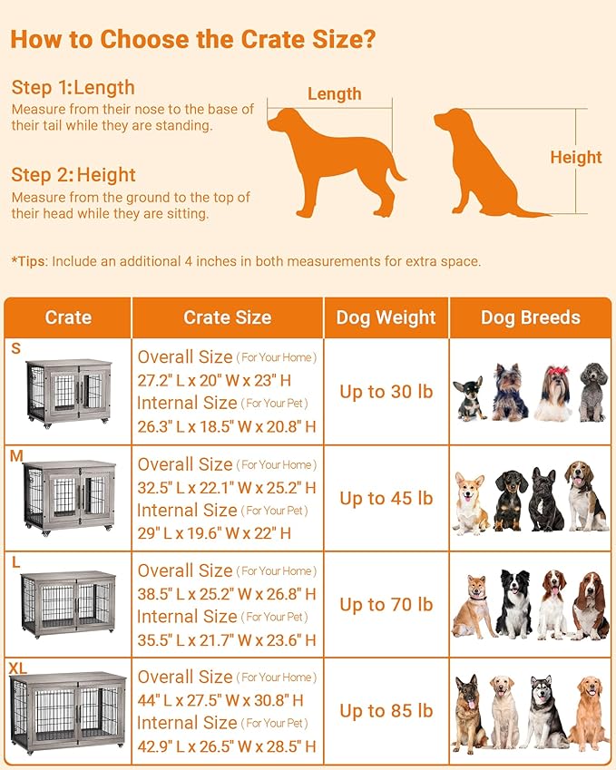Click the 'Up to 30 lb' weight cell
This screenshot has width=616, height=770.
tap(386, 392)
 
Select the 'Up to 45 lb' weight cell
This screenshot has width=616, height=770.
tap(386, 498)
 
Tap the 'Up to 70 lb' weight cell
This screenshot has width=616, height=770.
tap(386, 605)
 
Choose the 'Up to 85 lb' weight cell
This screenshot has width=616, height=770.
tap(386, 711)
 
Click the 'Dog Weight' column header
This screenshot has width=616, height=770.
tap(386, 317)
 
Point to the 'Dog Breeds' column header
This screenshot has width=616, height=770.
tap(530, 317)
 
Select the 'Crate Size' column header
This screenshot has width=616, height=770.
tap(227, 317)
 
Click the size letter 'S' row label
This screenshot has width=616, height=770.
tap(15, 348)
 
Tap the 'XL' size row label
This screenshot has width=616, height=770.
tap(18, 668)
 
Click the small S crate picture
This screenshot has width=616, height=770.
tap(69, 392)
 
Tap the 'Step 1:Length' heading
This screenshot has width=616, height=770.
tap(73, 88)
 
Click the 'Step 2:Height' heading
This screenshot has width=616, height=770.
tap(73, 175)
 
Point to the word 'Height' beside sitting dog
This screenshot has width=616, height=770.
tap(576, 158)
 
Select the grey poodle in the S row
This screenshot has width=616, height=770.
tap(592, 392)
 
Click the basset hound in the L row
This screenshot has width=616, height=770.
tap(590, 605)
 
